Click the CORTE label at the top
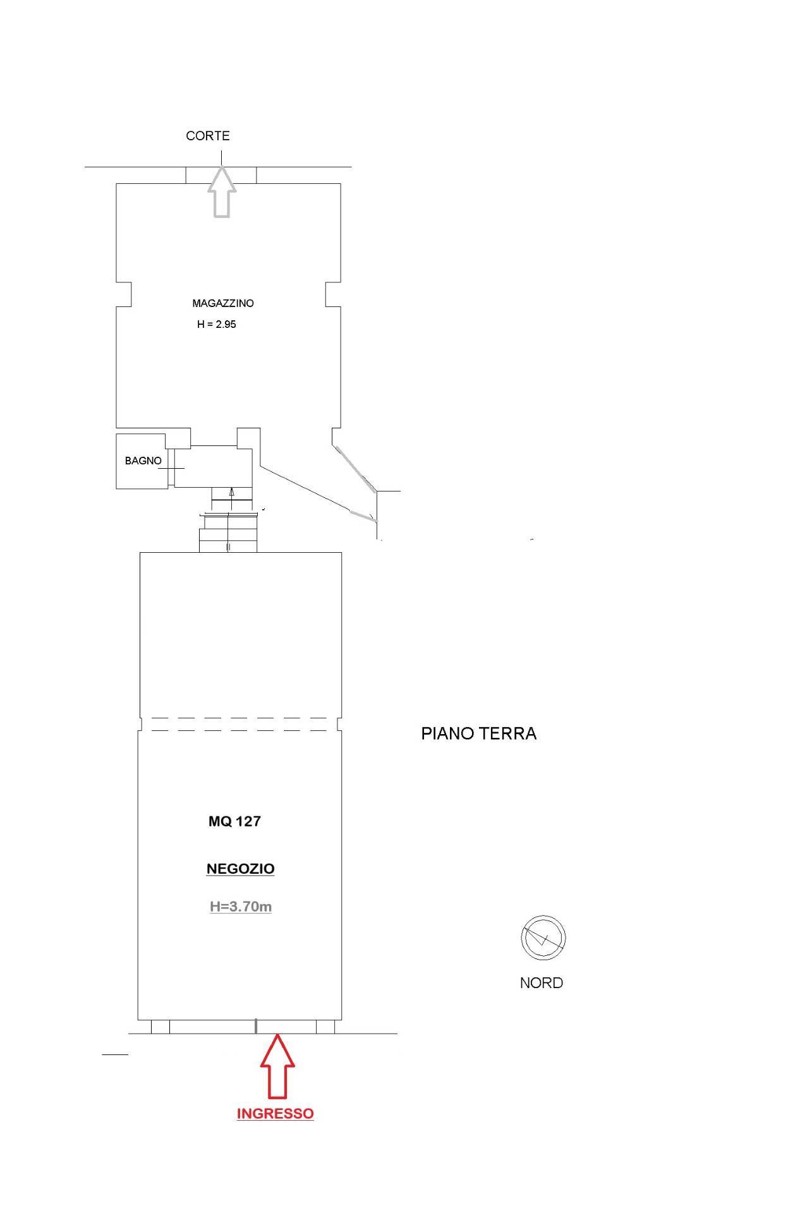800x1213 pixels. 207,136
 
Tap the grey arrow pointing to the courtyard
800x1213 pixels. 221,192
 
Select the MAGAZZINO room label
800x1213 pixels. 223,303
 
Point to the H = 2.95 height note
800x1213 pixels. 217,325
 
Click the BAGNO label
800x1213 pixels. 143,461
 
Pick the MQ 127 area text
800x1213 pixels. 234,821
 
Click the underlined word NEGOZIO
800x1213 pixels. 240,869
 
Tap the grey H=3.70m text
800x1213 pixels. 241,907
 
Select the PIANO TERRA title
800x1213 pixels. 479,733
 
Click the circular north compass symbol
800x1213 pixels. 543,938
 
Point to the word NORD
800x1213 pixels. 542,983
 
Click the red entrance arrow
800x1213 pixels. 277,1068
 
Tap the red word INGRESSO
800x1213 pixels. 276,1113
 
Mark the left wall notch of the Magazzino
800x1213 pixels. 124,294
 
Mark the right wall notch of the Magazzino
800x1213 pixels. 333,294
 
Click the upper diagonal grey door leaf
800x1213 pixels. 355,468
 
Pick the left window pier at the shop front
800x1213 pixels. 161,1027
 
